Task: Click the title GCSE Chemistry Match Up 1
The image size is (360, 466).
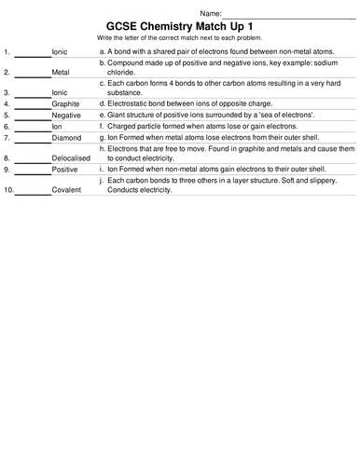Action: (x=180, y=24)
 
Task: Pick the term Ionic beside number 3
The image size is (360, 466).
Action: (x=60, y=93)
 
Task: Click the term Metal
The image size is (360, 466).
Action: (x=61, y=71)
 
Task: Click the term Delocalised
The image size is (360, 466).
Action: (x=71, y=159)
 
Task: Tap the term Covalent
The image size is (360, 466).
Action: (x=67, y=190)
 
